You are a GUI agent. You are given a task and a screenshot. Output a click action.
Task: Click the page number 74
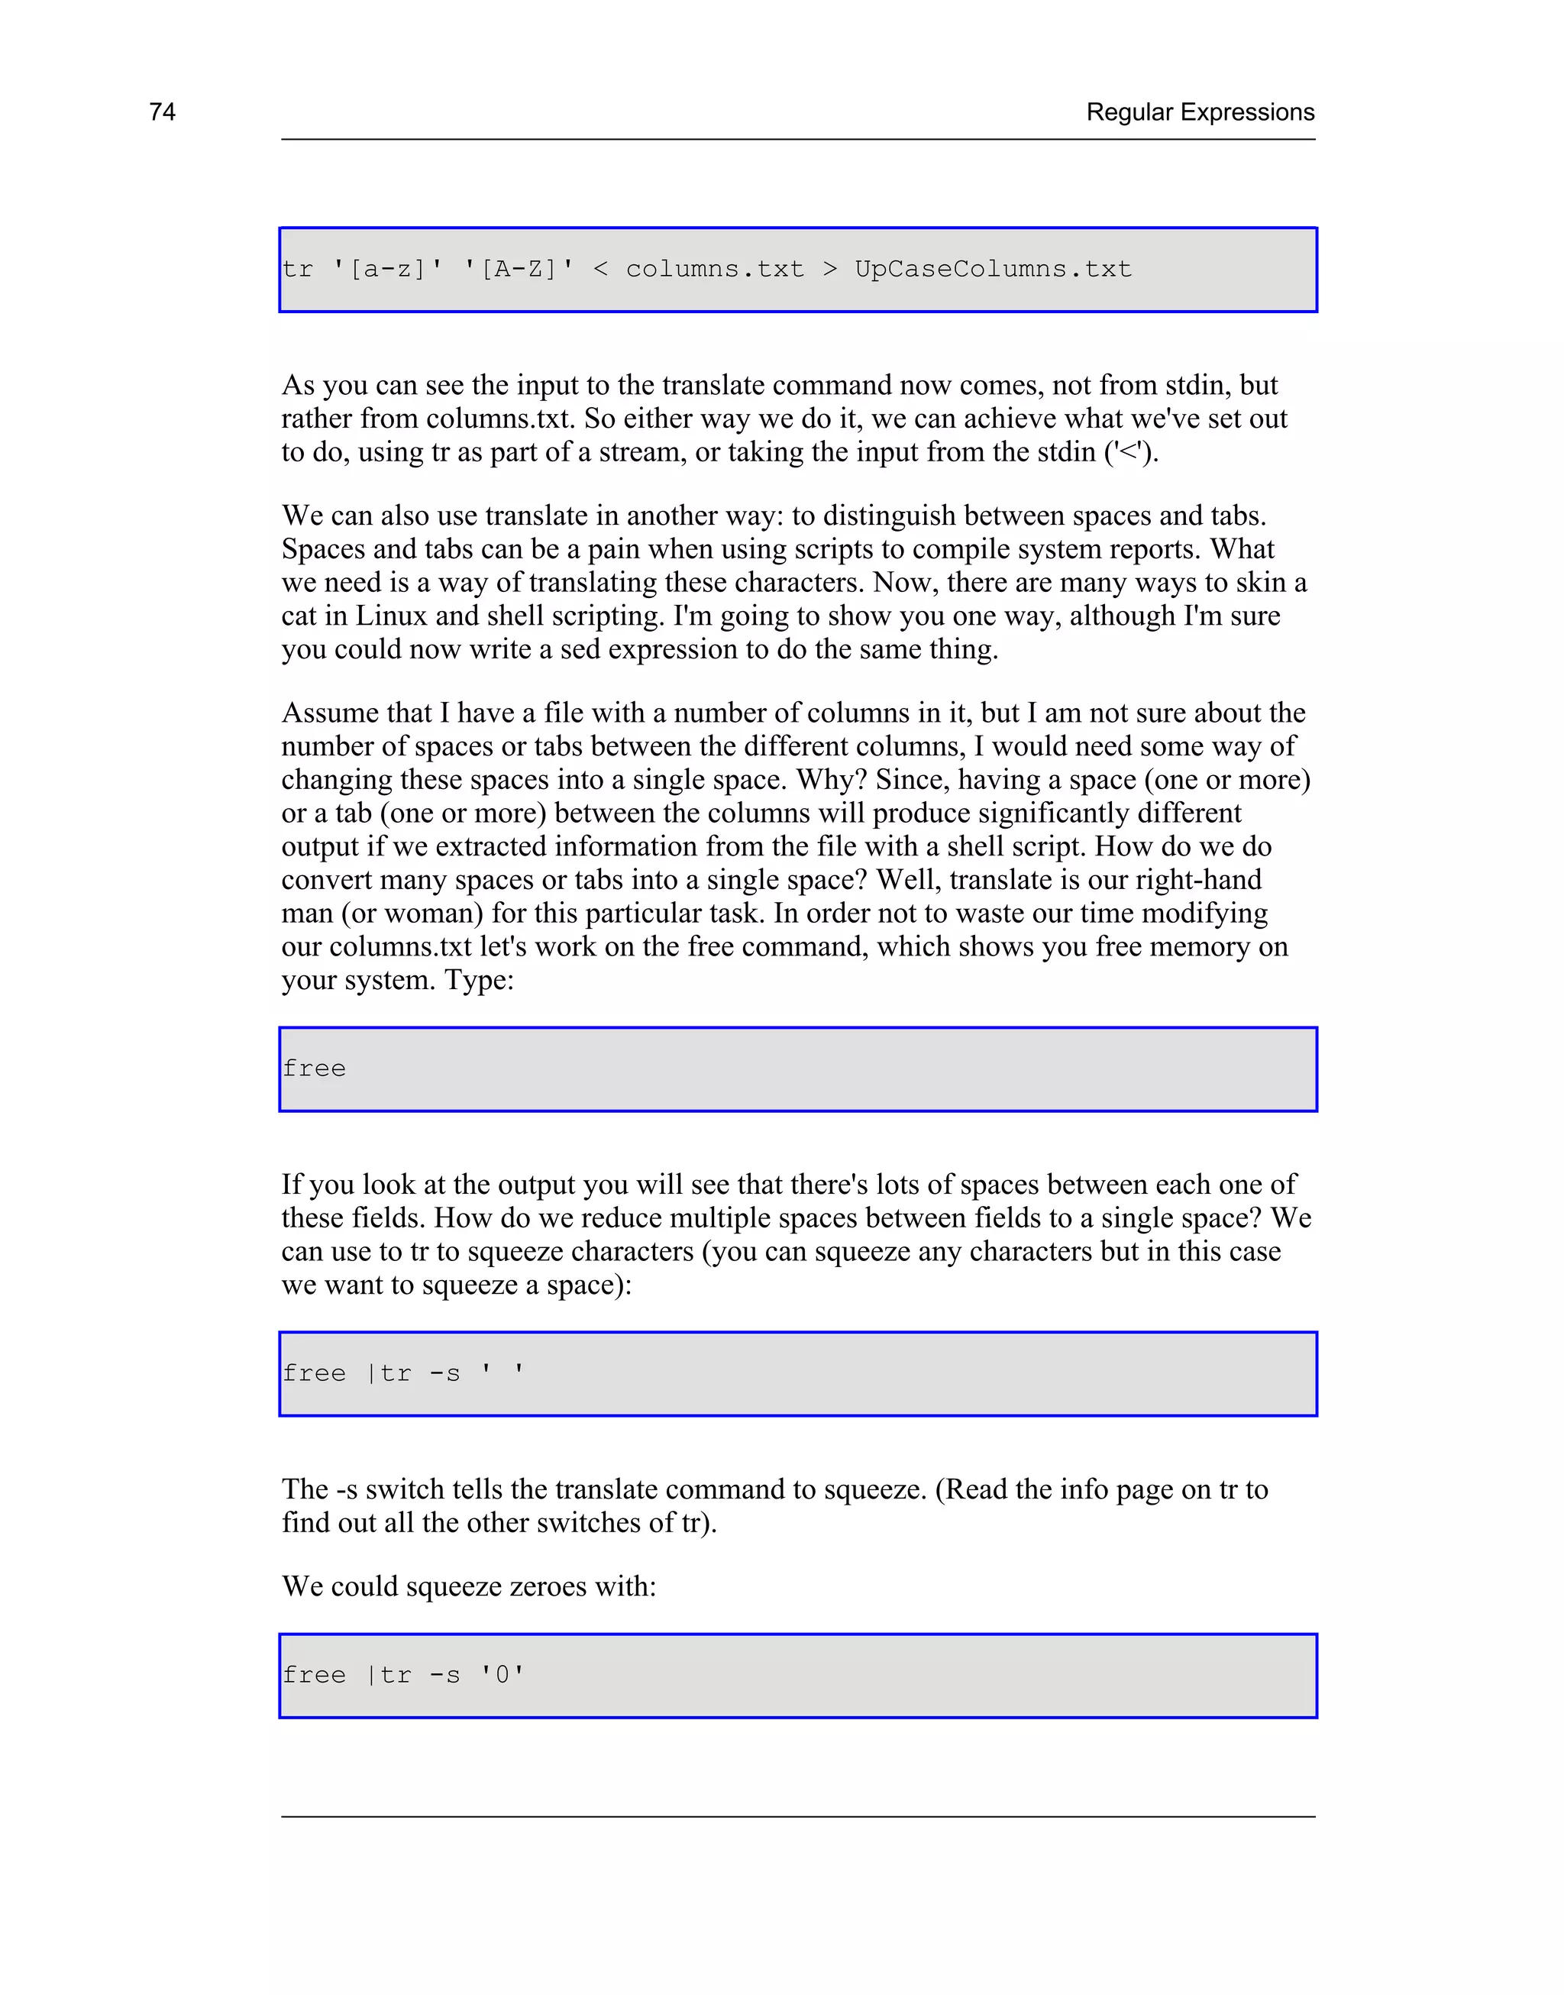pyautogui.click(x=162, y=112)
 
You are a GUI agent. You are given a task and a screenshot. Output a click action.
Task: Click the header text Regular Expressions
pyautogui.click(x=1200, y=112)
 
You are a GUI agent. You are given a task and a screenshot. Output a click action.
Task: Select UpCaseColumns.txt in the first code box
pyautogui.click(x=993, y=269)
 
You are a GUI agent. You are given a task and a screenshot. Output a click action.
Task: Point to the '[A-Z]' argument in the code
pyautogui.click(x=519, y=269)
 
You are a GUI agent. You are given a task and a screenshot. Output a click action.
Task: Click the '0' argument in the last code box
pyautogui.click(x=502, y=1676)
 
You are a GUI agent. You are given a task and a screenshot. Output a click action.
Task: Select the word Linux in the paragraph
pyautogui.click(x=391, y=616)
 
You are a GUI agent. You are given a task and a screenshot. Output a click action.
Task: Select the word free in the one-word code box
pyautogui.click(x=314, y=1069)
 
